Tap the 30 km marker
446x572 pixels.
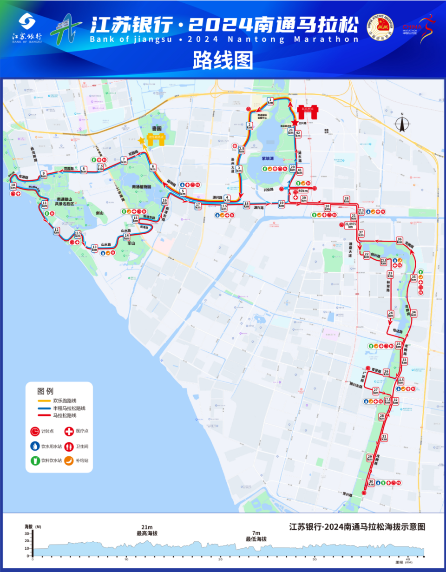(371, 483)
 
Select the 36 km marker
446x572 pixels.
(399, 240)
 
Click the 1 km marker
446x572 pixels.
(270, 101)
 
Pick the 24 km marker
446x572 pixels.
(391, 315)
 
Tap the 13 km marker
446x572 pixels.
(95, 248)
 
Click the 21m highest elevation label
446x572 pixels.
(146, 530)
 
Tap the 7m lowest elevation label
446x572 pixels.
(256, 536)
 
